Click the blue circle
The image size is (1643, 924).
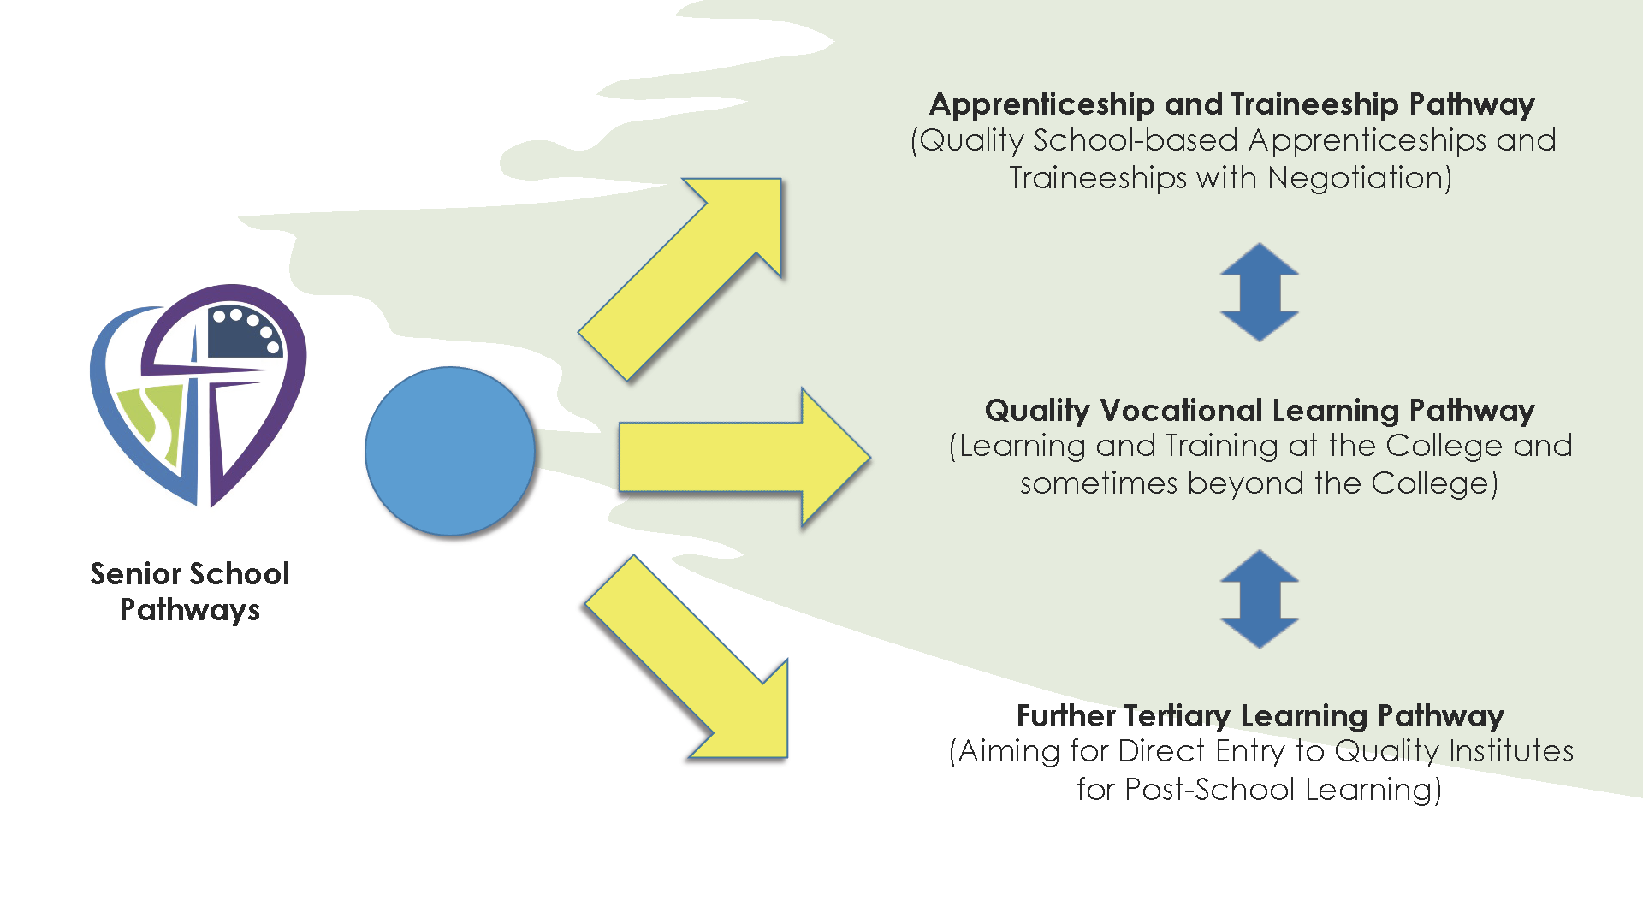(x=450, y=451)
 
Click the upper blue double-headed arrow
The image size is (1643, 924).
(x=1259, y=293)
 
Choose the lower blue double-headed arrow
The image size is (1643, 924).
(x=1259, y=599)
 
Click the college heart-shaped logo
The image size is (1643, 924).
(x=198, y=394)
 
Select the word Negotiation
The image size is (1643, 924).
(x=1359, y=178)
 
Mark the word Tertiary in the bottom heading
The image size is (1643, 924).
(x=1177, y=715)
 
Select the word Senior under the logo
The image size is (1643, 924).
(x=135, y=573)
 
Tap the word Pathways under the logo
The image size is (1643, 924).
(x=190, y=610)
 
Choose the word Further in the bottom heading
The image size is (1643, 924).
(x=1065, y=715)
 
